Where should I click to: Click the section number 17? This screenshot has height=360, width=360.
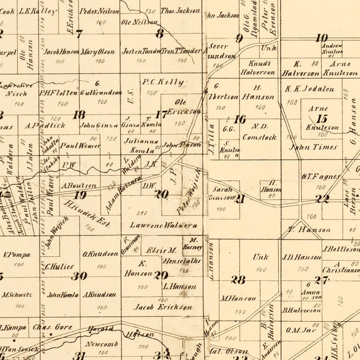click(x=161, y=114)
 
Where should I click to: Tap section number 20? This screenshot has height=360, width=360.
click(x=161, y=194)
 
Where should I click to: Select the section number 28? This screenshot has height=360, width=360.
click(x=238, y=279)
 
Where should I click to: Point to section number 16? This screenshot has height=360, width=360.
click(x=240, y=119)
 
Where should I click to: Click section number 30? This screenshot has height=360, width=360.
click(x=79, y=276)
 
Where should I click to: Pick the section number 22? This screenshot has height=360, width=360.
click(x=322, y=199)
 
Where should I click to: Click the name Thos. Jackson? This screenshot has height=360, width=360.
click(x=180, y=11)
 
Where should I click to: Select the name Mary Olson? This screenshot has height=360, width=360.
click(x=98, y=51)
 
